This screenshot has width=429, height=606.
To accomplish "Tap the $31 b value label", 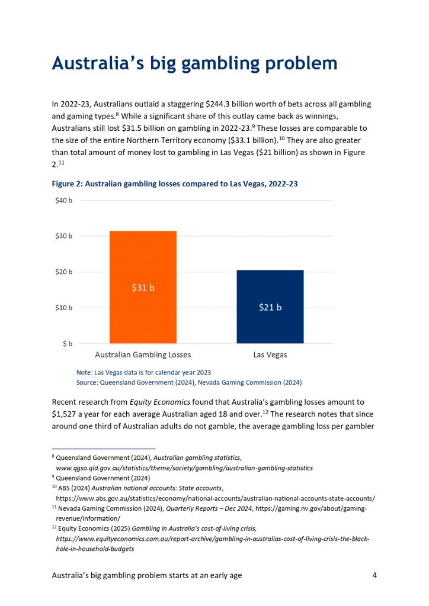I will pyautogui.click(x=143, y=288).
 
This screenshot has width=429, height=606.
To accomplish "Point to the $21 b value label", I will pyautogui.click(x=270, y=307).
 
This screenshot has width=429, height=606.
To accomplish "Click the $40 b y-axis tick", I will pyautogui.click(x=65, y=201).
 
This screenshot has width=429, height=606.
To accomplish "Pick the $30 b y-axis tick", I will pyautogui.click(x=65, y=236).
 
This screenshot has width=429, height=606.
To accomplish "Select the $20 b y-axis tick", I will pyautogui.click(x=65, y=272).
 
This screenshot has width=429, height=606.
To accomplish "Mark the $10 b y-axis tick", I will pyautogui.click(x=65, y=308).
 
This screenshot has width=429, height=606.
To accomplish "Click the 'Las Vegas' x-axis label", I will pyautogui.click(x=270, y=355).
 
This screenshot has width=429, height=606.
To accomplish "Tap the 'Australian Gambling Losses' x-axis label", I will pyautogui.click(x=143, y=355).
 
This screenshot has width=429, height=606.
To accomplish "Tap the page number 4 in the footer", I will pyautogui.click(x=374, y=575).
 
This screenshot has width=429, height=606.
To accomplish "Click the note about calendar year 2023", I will pyautogui.click(x=143, y=372).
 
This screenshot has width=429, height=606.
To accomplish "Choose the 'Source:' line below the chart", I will pyautogui.click(x=190, y=382).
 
